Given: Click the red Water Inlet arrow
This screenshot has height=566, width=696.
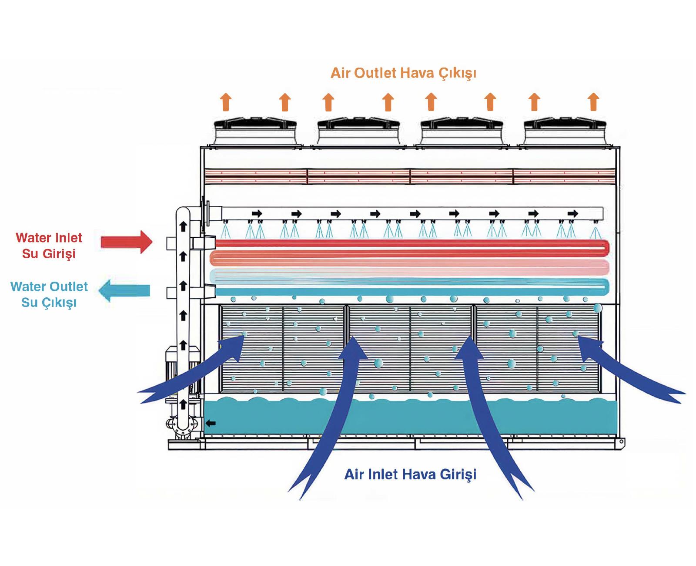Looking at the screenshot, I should point(126,242).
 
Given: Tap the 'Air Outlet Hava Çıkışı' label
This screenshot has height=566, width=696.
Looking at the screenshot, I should point(403,73).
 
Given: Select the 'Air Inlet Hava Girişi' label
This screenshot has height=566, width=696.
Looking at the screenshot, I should point(410,474).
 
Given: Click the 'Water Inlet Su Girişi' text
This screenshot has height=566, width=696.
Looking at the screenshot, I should point(49,246).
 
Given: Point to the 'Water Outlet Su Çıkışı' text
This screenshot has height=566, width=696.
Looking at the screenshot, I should point(49,294).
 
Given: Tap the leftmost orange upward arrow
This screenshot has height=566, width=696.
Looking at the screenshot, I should point(225,102).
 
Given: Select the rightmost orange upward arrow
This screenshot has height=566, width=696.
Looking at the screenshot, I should point(593,102).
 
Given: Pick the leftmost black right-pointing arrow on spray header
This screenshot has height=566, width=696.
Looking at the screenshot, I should point(257,213).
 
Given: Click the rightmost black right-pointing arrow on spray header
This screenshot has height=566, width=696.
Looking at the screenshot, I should point(573,213).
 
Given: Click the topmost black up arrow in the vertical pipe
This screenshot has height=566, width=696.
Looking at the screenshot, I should point(183,226).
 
